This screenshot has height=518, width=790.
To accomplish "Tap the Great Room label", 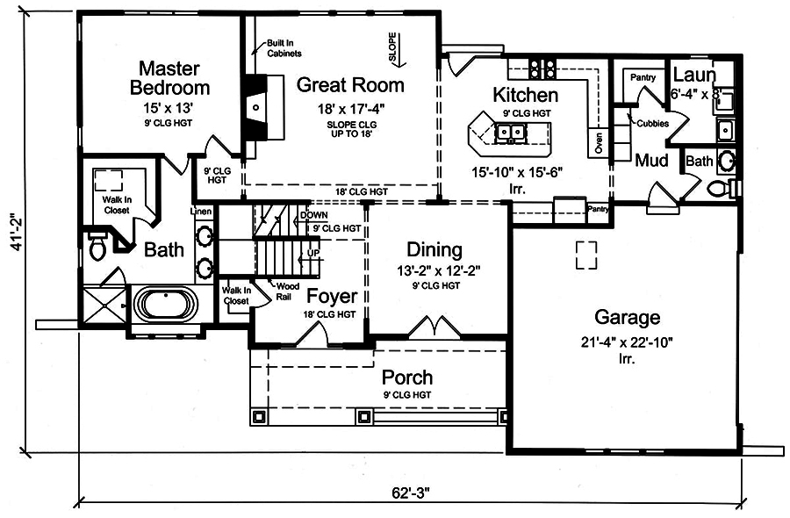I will coord(350,85).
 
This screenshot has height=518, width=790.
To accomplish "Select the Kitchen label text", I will coord(525,95).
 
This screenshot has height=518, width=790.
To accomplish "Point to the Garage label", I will coord(627,318).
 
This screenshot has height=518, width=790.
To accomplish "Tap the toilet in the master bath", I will coord(97,248).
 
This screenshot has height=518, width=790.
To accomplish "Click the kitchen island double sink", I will coord(510,133).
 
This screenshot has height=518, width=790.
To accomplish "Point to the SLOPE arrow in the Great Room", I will coord(392,48).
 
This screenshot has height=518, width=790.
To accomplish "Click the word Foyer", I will coord(331,296).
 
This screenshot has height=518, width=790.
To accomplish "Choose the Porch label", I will coord(407,378).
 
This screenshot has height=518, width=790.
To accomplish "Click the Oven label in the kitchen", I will coord(599,143).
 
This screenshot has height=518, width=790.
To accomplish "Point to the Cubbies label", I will coord(653,124).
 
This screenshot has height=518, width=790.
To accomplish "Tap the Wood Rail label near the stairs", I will coord(286,291).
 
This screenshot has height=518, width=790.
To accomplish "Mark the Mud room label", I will coord(652,161).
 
